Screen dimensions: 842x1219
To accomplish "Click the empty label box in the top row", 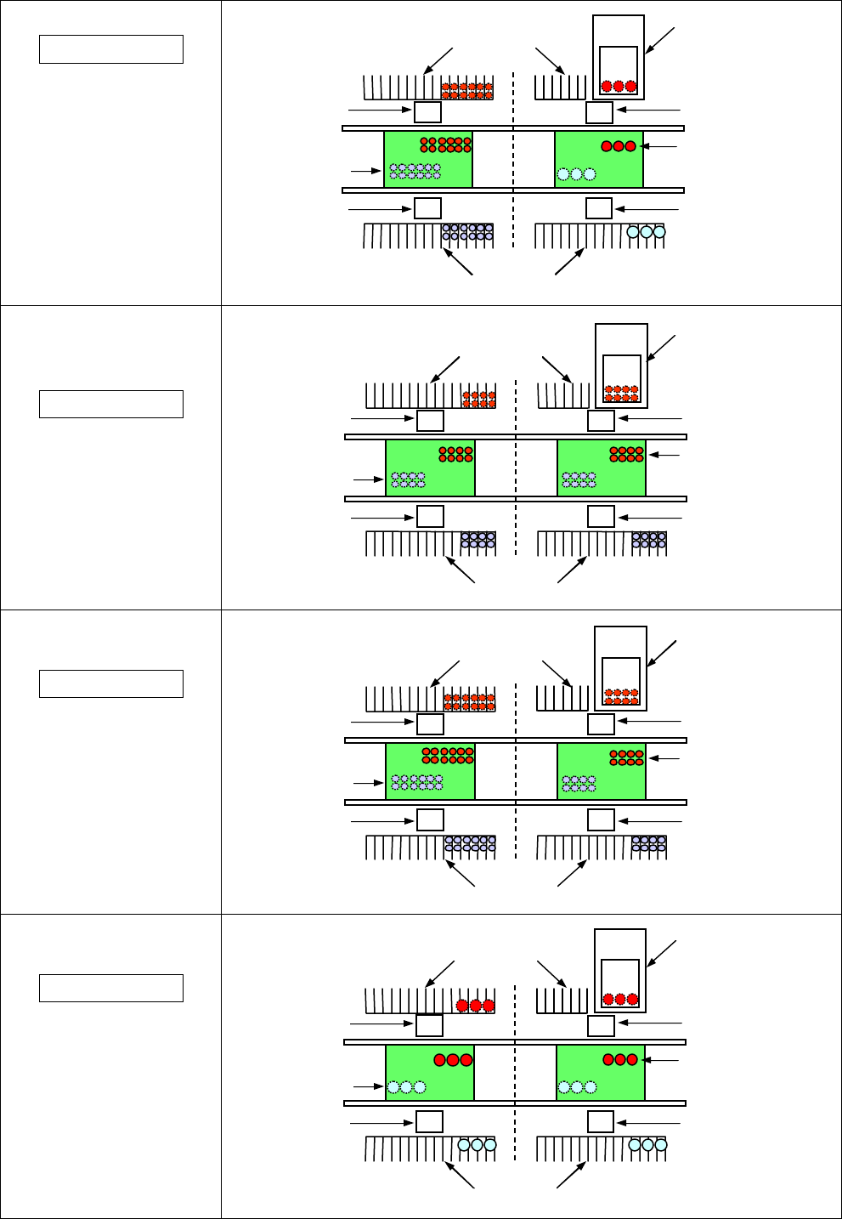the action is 111,49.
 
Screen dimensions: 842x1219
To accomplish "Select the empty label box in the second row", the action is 111,404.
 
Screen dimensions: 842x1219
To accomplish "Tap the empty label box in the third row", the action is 111,683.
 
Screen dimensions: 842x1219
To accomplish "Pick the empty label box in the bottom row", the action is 111,988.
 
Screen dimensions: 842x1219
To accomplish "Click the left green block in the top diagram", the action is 428,160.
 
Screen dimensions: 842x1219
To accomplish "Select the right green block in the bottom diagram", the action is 600,1073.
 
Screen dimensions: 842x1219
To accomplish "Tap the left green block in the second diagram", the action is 430,468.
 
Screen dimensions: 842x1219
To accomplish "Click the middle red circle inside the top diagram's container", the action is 619,86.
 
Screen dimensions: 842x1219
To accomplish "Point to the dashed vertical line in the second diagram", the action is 516,468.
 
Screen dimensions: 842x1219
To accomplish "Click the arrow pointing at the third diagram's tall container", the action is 662,653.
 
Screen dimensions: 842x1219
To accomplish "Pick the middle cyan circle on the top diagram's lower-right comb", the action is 646,231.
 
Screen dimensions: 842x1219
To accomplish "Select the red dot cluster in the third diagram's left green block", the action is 448,755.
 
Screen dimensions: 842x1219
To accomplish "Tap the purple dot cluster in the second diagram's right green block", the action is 579,479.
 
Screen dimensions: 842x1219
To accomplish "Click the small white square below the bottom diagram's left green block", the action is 429,1121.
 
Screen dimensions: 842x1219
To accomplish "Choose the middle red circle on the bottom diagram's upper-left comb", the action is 476,1006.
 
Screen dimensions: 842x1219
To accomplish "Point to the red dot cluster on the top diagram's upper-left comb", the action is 466,90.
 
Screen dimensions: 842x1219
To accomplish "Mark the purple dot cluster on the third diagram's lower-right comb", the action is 648,843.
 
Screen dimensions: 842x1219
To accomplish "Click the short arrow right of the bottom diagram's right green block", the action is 662,1060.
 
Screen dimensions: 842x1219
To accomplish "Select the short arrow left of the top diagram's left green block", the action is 365,171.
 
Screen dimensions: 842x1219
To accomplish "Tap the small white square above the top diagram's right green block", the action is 599,112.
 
